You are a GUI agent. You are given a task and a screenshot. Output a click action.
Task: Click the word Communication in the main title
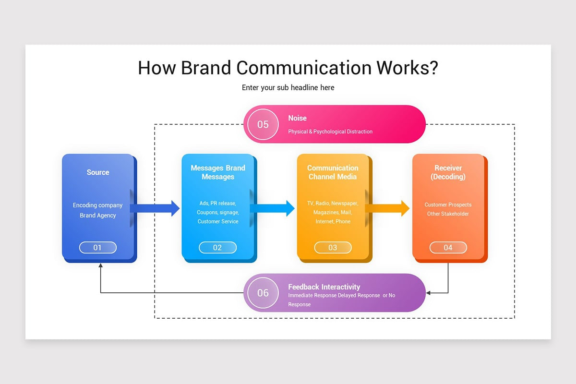(x=303, y=68)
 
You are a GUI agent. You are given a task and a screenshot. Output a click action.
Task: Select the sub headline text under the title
(x=288, y=88)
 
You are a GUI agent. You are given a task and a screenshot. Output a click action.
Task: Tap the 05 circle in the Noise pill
(x=263, y=124)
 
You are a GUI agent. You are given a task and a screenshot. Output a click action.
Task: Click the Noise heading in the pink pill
(x=297, y=118)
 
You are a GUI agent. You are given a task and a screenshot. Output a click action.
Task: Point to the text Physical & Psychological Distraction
(x=330, y=132)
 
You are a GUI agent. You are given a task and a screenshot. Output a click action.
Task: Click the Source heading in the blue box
(x=98, y=172)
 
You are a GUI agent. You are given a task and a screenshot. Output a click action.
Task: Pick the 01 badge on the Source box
(x=98, y=248)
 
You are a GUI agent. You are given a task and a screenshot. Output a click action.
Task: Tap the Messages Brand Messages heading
(x=218, y=172)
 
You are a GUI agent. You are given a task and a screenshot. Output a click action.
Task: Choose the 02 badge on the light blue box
(x=217, y=248)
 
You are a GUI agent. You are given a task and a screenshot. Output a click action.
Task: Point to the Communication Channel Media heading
(x=333, y=172)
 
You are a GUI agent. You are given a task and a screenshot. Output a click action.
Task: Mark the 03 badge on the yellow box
(x=333, y=248)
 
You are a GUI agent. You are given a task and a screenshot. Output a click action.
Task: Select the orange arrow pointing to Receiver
(x=387, y=208)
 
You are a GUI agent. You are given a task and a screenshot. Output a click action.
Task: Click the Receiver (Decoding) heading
(x=448, y=172)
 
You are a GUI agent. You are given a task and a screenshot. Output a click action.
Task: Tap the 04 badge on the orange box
(x=448, y=248)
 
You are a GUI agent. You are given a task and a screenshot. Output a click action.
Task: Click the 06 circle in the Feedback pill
(x=263, y=293)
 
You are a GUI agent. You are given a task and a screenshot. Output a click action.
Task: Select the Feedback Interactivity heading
(x=324, y=287)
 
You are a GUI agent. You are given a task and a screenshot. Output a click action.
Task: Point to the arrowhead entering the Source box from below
(x=100, y=266)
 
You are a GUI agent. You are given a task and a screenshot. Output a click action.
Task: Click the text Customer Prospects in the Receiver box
(x=448, y=205)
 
